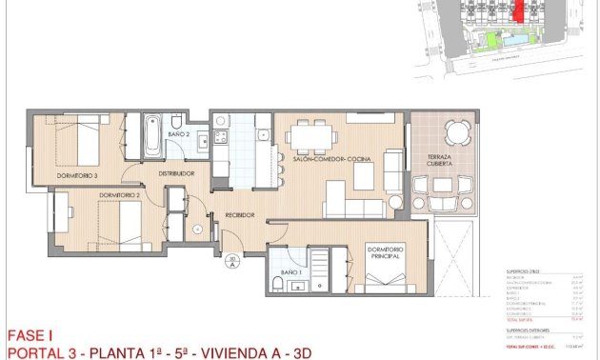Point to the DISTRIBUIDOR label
(176, 173)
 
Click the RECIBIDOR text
(239, 215)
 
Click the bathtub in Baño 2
(151, 135)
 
